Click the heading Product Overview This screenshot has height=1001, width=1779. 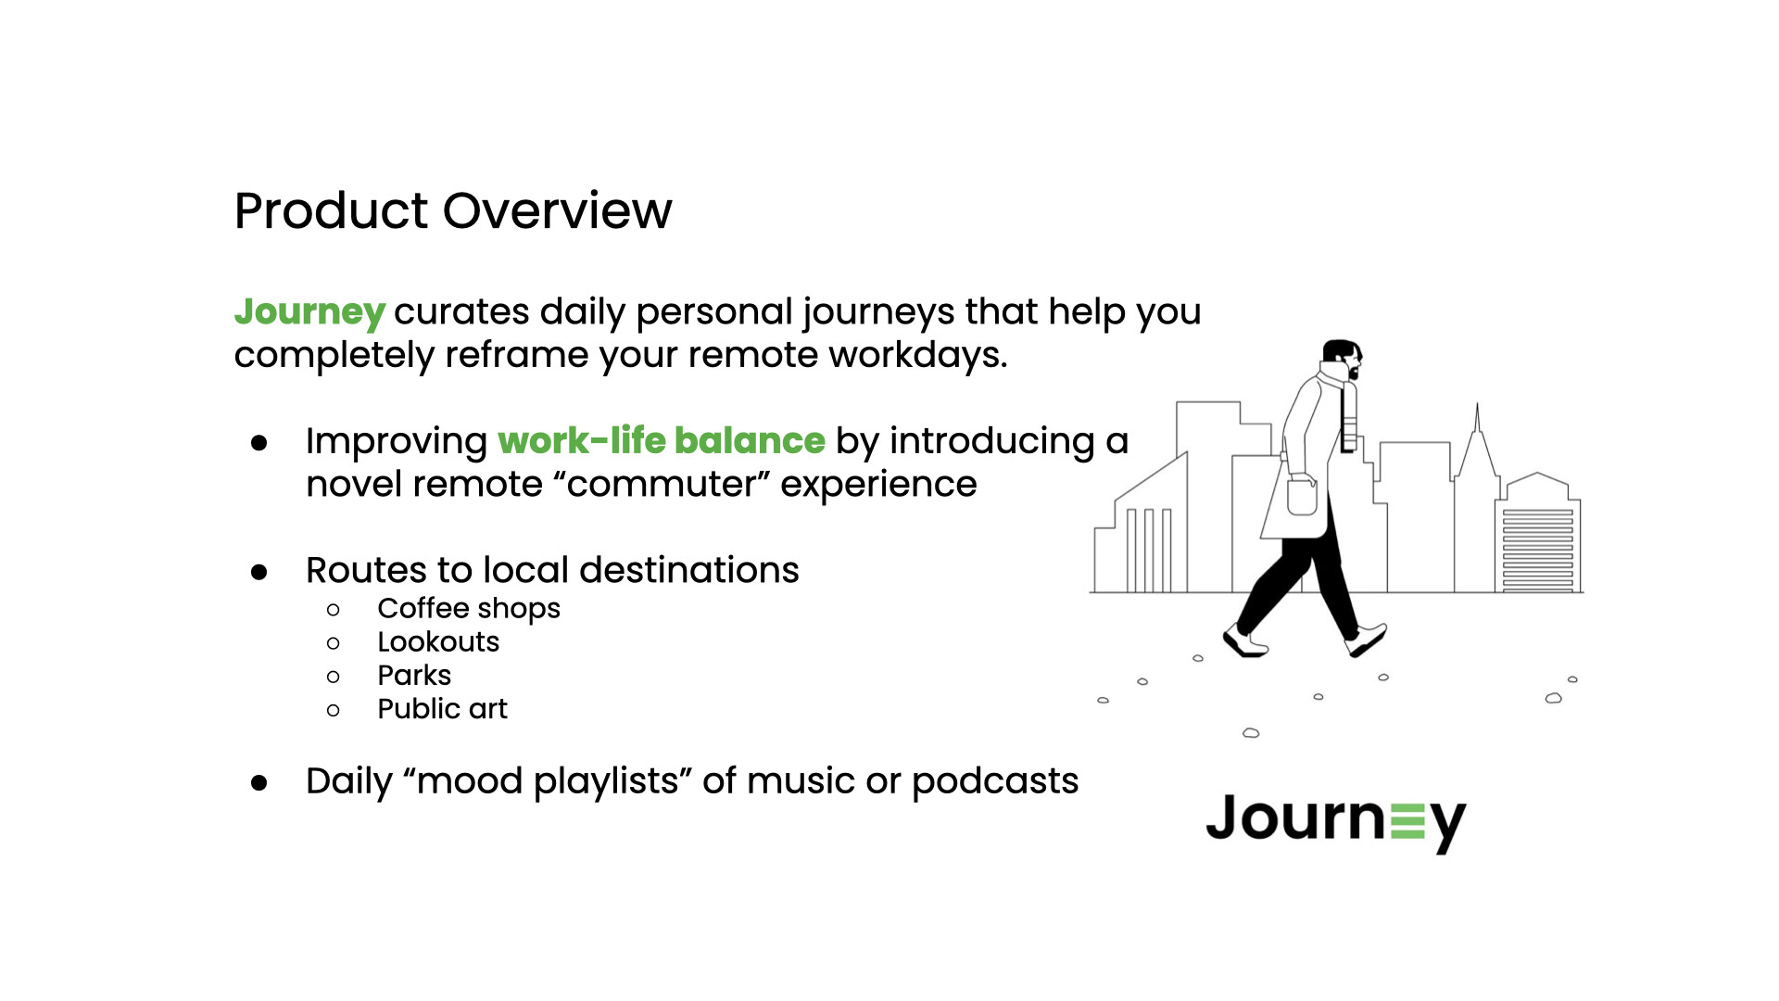(452, 210)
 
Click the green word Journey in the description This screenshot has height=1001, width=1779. (309, 311)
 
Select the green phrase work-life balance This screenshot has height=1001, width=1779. (661, 440)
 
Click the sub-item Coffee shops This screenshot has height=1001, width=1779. (468, 608)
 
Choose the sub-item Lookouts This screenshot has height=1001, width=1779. (437, 641)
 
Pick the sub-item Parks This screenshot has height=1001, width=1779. (413, 675)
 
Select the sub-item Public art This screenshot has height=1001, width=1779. (442, 708)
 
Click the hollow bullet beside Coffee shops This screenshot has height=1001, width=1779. (334, 610)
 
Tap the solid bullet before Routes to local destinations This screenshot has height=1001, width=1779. (259, 572)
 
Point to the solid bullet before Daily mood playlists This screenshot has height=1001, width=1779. (259, 783)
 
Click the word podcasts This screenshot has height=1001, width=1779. (994, 780)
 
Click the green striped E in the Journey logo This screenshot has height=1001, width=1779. (1407, 820)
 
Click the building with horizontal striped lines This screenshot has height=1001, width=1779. (1537, 547)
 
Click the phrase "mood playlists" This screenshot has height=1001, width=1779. (548, 780)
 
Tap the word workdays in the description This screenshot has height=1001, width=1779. (917, 355)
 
